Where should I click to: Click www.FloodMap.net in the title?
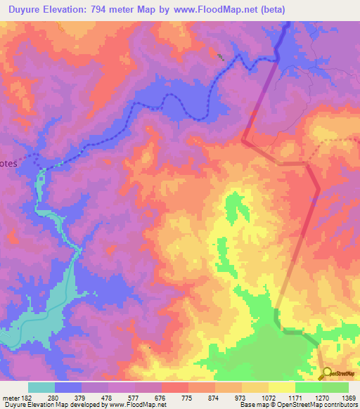point(225,11)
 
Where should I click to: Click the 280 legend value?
point(62,397)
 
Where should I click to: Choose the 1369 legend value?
point(347,397)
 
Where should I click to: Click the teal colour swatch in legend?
point(41,387)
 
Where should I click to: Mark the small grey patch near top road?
point(220,56)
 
